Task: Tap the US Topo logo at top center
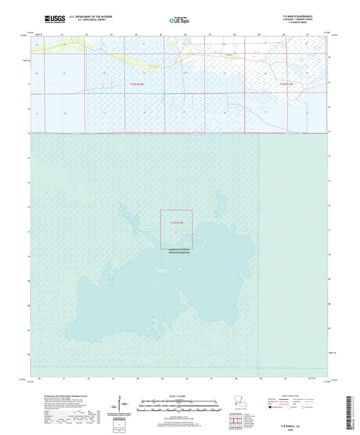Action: [179, 20]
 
